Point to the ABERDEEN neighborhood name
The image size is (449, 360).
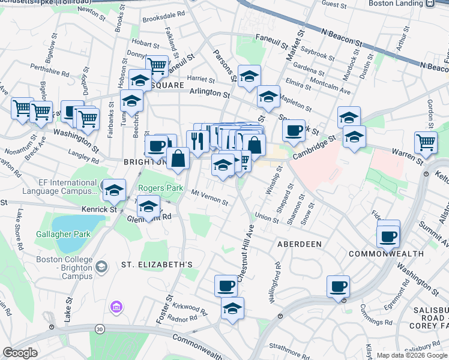300,244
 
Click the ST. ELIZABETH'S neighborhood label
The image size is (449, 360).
157,264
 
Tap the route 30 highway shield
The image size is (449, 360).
98,328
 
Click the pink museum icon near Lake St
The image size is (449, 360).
115,308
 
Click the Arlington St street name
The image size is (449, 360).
209,94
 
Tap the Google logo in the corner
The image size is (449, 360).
20,352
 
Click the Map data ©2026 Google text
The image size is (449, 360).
411,355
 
